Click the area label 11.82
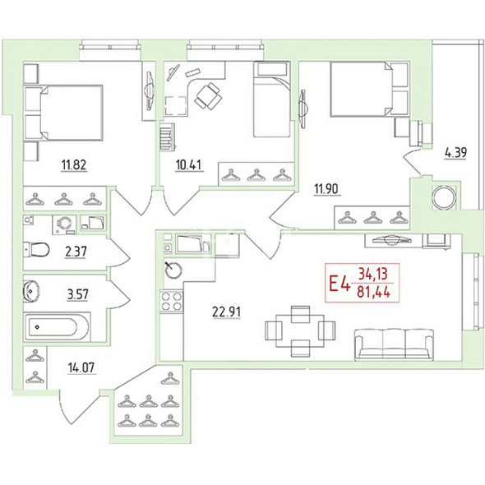click(74, 165)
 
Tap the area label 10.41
click(189, 165)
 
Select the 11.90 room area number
click(327, 189)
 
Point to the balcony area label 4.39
click(455, 153)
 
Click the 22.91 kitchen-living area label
click(226, 312)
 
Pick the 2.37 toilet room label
click(76, 252)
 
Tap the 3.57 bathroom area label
click(77, 294)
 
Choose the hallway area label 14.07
click(82, 367)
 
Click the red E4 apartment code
click(339, 284)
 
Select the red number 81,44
click(374, 291)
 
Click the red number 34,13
click(373, 274)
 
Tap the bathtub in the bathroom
click(57, 327)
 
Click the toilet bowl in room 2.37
click(36, 250)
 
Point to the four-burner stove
click(172, 302)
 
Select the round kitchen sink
click(173, 270)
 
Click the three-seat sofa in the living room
click(395, 344)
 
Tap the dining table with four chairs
click(300, 331)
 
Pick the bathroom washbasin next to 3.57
click(31, 291)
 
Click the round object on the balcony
click(445, 197)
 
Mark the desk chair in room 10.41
click(208, 95)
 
